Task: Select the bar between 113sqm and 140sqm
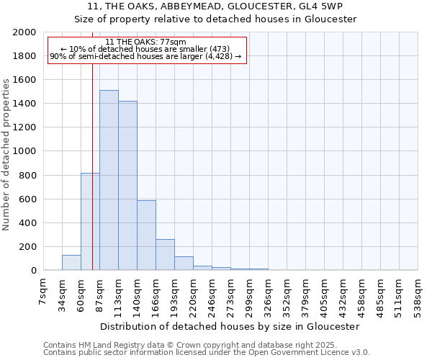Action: (127, 186)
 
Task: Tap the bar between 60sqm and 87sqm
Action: (90, 222)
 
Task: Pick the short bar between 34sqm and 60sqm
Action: (71, 263)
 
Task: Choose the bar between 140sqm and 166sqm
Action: (146, 235)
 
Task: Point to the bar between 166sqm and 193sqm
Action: (165, 255)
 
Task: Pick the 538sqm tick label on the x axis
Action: (418, 294)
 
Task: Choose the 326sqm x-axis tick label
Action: (269, 294)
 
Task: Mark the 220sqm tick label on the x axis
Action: (194, 294)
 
